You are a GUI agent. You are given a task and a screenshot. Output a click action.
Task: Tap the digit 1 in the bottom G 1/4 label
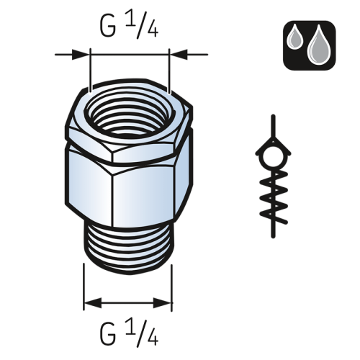(130, 327)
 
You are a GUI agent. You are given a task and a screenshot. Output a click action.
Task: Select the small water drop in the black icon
(296, 38)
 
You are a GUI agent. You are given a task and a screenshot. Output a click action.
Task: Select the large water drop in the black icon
(319, 45)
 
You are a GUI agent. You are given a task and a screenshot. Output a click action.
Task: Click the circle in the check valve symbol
(273, 157)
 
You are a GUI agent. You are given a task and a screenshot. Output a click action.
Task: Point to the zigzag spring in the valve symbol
(274, 197)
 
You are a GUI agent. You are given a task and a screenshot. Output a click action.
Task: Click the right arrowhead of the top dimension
(179, 55)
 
